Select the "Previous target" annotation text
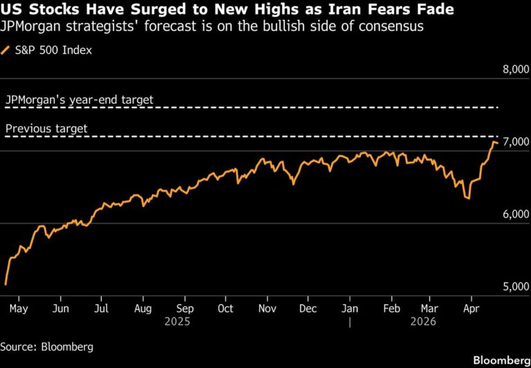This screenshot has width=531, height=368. coord(46,129)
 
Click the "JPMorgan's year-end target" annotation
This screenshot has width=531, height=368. coord(79,100)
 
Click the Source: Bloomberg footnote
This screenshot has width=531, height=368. coord(46,346)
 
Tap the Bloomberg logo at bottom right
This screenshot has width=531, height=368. coord(499,360)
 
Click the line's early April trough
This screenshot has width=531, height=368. coord(469,199)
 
